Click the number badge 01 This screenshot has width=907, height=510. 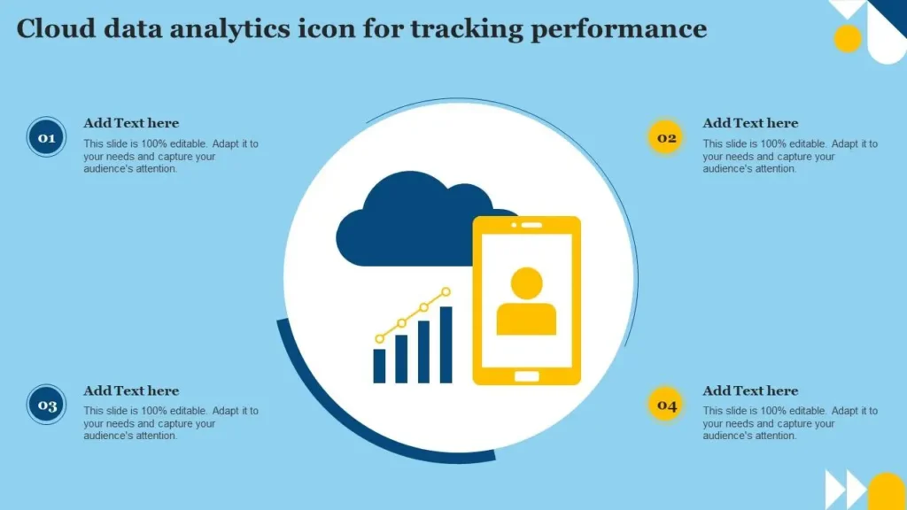click(x=46, y=137)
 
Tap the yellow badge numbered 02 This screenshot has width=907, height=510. click(x=666, y=137)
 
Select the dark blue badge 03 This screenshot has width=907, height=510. click(x=46, y=405)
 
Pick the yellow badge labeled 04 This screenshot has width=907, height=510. click(x=666, y=405)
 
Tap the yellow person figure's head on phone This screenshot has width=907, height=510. click(x=526, y=283)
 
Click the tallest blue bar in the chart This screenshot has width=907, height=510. click(x=446, y=344)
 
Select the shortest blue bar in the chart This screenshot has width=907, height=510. click(x=379, y=366)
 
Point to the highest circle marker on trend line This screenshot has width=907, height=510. click(x=446, y=292)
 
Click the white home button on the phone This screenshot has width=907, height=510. click(x=526, y=376)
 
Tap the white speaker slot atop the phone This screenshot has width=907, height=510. click(x=531, y=225)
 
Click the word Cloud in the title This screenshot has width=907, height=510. click(x=56, y=28)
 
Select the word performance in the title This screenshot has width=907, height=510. click(x=619, y=30)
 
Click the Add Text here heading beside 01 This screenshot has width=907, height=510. click(x=131, y=123)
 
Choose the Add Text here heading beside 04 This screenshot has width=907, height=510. click(x=750, y=390)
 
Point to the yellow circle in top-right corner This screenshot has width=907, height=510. click(x=848, y=39)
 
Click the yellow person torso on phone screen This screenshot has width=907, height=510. click(x=526, y=319)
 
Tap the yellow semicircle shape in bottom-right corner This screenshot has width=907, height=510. click(x=887, y=491)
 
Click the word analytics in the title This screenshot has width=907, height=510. click(x=230, y=30)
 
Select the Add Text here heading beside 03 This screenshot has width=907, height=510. click(x=131, y=390)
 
